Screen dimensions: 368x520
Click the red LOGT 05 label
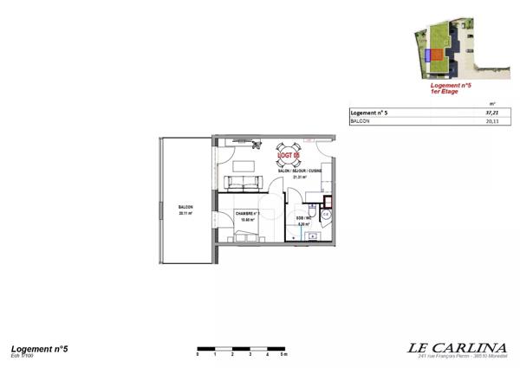click(x=289, y=156)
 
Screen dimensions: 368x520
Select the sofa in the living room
click(x=244, y=183)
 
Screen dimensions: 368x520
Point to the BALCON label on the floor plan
click(x=185, y=208)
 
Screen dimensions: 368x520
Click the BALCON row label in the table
click(x=360, y=122)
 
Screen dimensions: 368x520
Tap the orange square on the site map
click(x=439, y=57)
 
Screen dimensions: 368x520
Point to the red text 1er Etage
click(x=450, y=92)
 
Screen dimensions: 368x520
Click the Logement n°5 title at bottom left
click(x=40, y=348)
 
